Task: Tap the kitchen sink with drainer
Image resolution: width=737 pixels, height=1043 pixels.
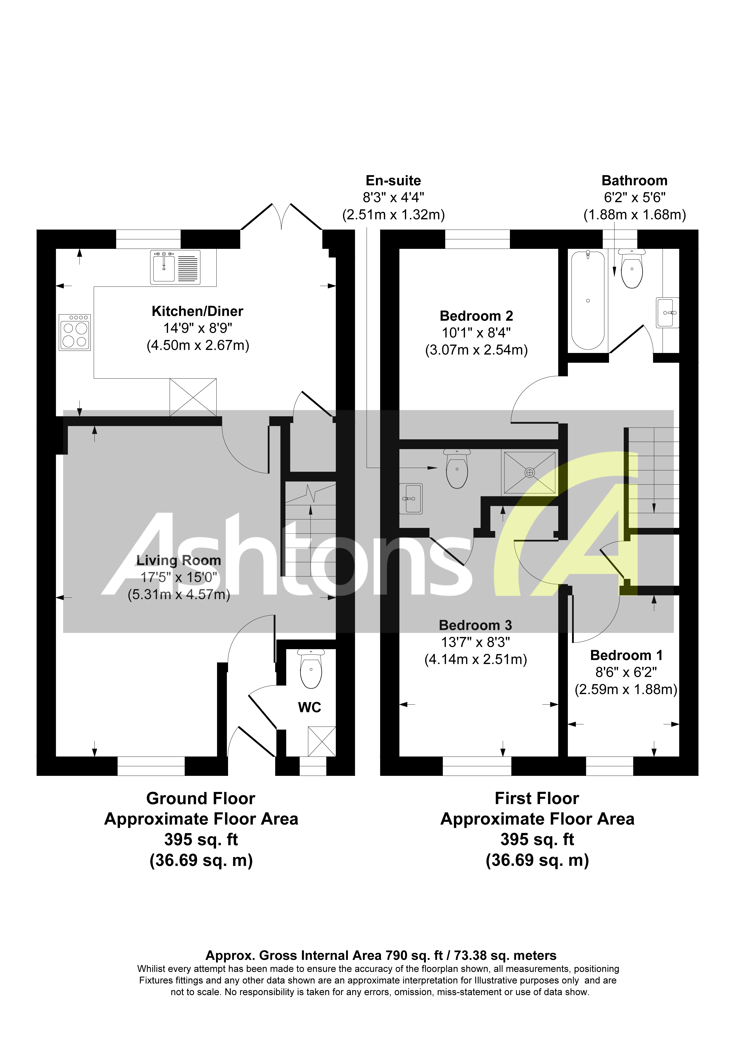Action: click(175, 268)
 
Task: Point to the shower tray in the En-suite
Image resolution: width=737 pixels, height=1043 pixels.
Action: click(529, 473)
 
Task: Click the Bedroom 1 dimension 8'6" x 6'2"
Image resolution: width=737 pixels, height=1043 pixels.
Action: click(626, 672)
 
